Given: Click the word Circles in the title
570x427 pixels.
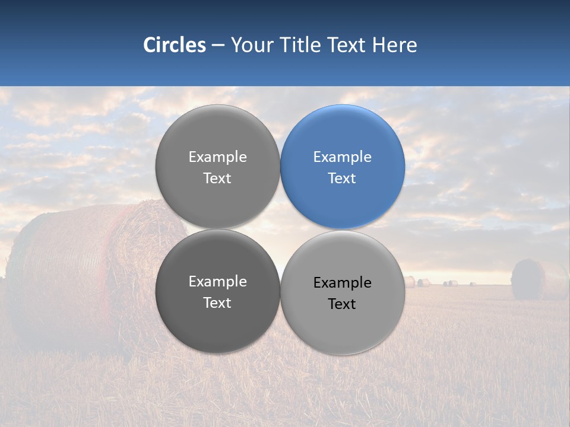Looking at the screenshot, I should click(x=174, y=45).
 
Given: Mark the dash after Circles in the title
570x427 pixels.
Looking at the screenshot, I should click(x=217, y=46).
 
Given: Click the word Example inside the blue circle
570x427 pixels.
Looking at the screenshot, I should click(x=342, y=157).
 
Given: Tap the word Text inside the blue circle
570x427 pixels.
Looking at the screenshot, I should click(x=342, y=179).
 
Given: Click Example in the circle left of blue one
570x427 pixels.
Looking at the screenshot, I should click(x=217, y=157).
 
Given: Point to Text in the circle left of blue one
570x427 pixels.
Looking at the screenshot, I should click(x=217, y=179).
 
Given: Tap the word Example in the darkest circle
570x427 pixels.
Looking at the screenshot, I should click(x=217, y=282).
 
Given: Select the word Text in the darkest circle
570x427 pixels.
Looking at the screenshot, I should click(x=217, y=303).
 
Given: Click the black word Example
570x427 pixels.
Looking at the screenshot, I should click(x=342, y=283).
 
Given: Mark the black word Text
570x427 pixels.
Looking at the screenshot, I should click(x=342, y=304).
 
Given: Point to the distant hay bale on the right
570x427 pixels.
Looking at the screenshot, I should click(x=530, y=279).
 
